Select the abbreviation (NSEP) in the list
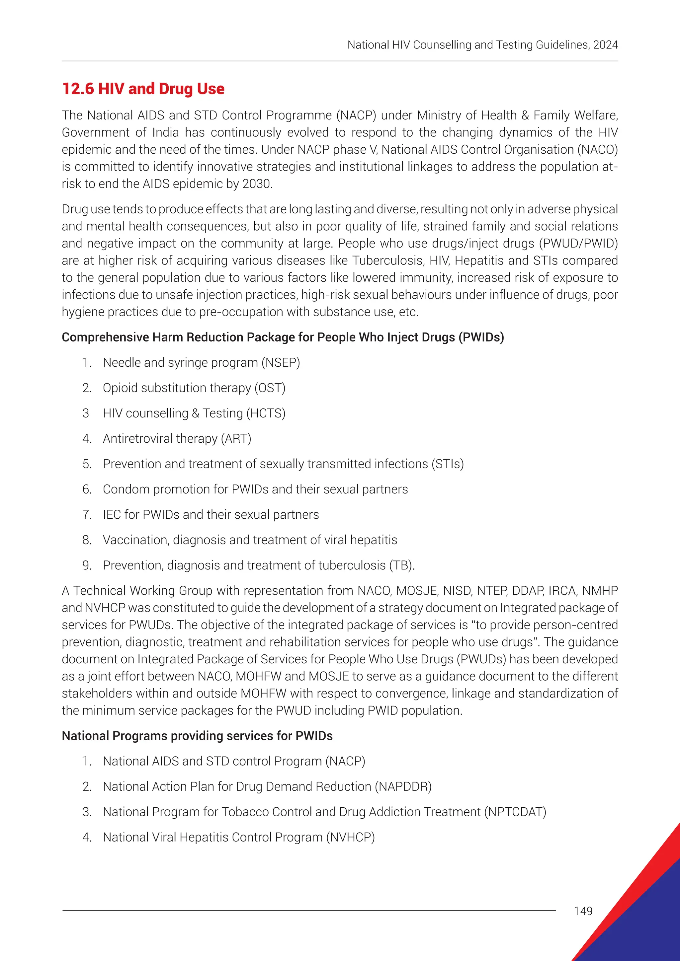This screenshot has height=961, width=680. click(281, 362)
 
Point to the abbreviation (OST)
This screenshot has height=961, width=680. click(270, 388)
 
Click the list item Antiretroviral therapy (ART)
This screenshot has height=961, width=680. click(177, 439)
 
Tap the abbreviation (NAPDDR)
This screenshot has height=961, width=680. click(403, 786)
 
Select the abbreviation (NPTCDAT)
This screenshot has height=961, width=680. click(515, 812)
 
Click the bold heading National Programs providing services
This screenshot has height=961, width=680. click(197, 736)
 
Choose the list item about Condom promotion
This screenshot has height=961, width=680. click(255, 489)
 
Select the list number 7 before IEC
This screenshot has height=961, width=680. click(87, 515)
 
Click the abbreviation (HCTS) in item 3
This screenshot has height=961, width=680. click(266, 413)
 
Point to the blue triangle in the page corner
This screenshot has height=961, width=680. click(645, 921)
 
